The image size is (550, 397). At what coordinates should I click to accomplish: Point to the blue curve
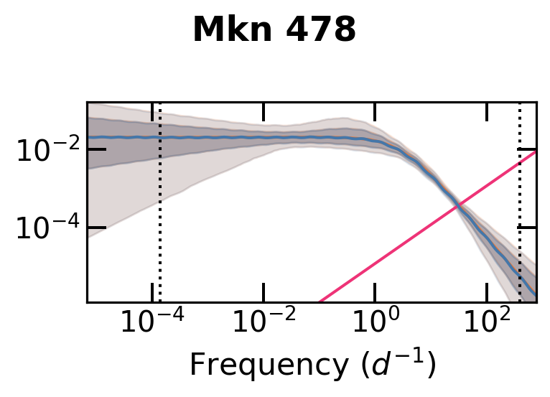[x=215, y=137]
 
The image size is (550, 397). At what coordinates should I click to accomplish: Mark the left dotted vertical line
[x=159, y=215]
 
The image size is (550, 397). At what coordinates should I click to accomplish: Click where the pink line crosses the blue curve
[x=457, y=207]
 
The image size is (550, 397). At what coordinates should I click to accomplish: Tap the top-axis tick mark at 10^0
[x=376, y=111]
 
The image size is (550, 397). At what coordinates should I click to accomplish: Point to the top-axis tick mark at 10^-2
[x=264, y=111]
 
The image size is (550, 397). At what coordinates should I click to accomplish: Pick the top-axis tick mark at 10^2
[x=487, y=111]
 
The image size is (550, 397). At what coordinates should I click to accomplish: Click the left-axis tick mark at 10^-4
[x=97, y=228]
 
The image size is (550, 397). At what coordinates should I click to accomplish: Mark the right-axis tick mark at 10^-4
[x=527, y=228]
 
